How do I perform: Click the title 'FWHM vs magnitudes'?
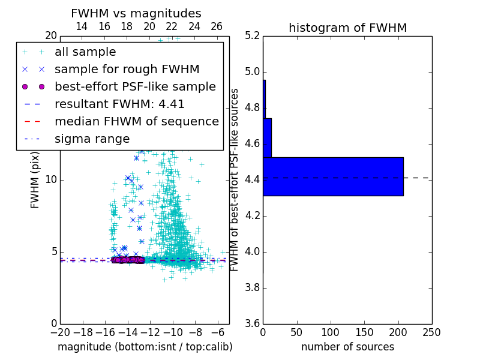(x=136, y=13)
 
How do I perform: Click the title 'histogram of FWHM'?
(x=347, y=28)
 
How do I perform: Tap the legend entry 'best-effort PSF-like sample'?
(x=135, y=87)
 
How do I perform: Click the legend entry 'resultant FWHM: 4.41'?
(x=119, y=104)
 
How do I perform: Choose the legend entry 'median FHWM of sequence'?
(x=137, y=122)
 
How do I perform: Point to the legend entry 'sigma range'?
(x=92, y=139)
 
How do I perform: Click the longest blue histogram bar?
(x=333, y=176)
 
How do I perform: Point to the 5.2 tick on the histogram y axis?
(x=253, y=36)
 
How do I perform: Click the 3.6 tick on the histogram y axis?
(x=253, y=323)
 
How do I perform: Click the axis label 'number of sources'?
(x=347, y=347)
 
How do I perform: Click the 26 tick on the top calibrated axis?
(x=217, y=26)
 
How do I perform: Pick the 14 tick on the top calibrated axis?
(x=82, y=26)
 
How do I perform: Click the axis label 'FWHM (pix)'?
(x=35, y=180)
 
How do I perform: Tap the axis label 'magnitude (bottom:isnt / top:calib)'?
(x=145, y=347)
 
